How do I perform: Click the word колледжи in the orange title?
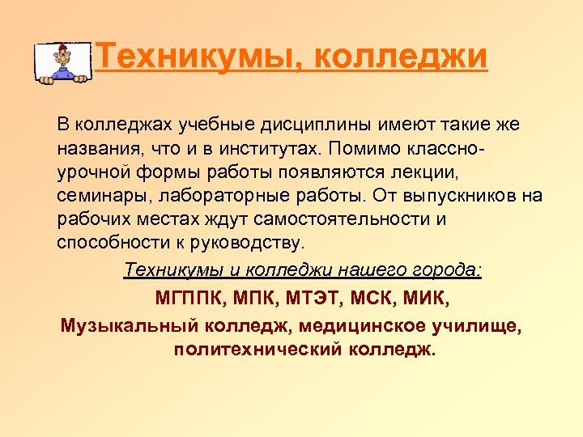click(400, 57)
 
